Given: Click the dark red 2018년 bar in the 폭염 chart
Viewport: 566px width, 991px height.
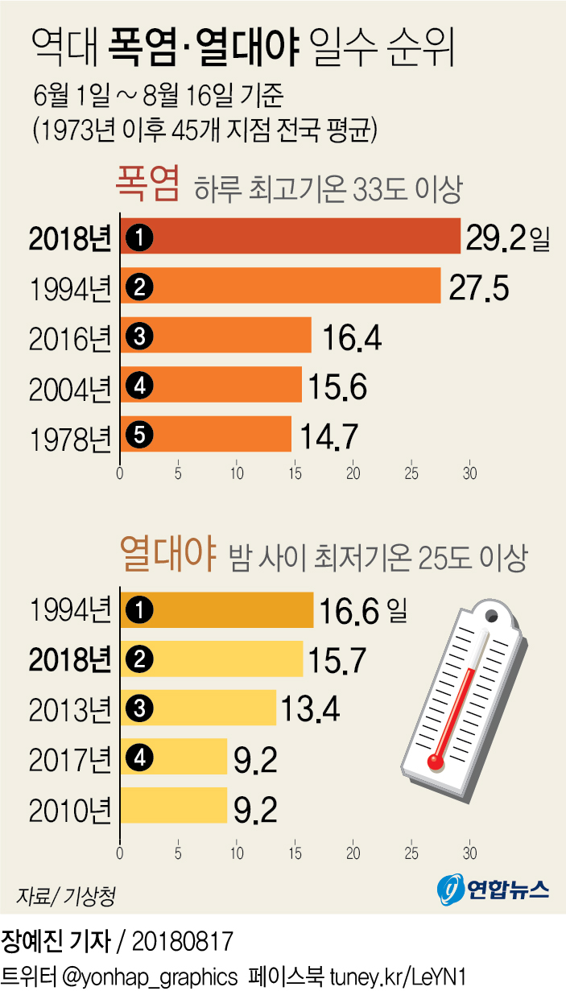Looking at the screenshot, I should pyautogui.click(x=290, y=236).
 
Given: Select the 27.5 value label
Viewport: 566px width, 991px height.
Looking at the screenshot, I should pyautogui.click(x=478, y=287).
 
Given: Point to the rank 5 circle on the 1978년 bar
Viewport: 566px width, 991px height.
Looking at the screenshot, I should pyautogui.click(x=139, y=435).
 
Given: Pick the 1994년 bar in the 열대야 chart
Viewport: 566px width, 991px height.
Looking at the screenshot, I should pyautogui.click(x=217, y=610).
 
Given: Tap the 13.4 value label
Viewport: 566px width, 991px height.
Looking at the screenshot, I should pyautogui.click(x=310, y=709).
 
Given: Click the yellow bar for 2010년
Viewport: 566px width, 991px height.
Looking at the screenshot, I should pyautogui.click(x=174, y=806).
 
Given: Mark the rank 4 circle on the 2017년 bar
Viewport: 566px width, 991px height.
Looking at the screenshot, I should pyautogui.click(x=139, y=757).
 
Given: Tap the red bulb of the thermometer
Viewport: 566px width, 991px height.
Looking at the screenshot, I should pyautogui.click(x=436, y=760).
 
